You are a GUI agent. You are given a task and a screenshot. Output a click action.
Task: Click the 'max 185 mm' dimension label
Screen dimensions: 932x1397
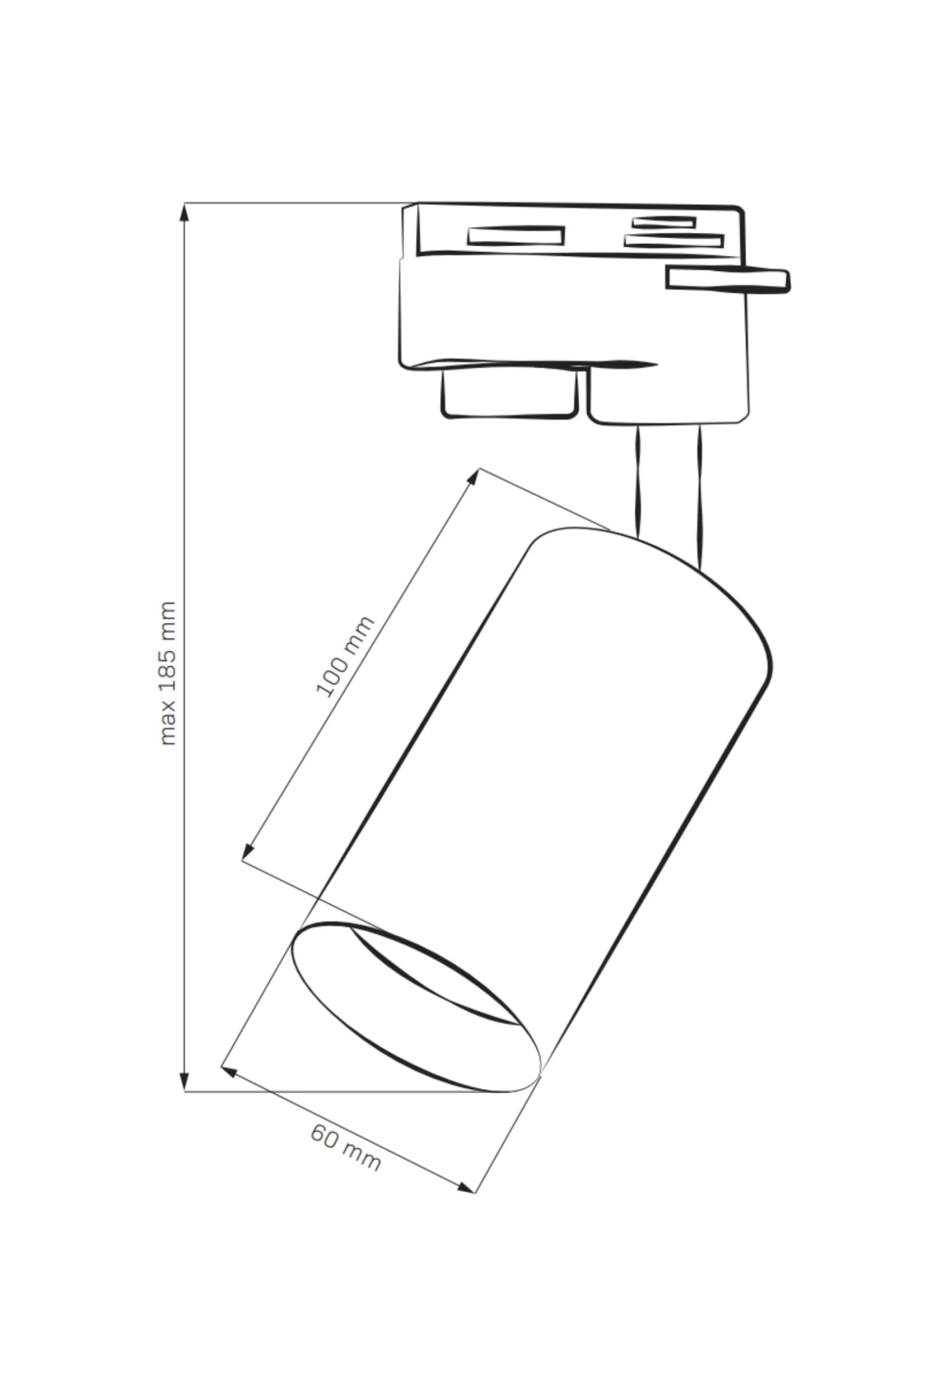pyautogui.click(x=168, y=673)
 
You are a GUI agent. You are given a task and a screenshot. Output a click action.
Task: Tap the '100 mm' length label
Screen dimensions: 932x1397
pyautogui.click(x=344, y=657)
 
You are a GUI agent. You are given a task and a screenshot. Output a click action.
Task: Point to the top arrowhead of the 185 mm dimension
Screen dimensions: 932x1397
pyautogui.click(x=185, y=213)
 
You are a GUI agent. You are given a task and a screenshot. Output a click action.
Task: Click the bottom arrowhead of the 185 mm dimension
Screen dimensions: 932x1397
pyautogui.click(x=185, y=1082)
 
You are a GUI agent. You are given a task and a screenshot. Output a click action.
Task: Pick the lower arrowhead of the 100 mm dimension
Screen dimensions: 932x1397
pyautogui.click(x=248, y=852)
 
